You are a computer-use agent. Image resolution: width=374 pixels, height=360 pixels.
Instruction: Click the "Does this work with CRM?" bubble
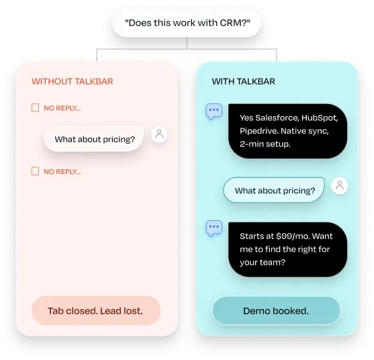point(187,23)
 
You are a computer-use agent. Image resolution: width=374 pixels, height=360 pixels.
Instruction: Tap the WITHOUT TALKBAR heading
point(73,81)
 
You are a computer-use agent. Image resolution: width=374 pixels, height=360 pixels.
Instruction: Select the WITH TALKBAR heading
point(243,81)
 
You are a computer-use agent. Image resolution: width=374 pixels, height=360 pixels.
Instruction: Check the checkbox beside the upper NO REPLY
point(36,107)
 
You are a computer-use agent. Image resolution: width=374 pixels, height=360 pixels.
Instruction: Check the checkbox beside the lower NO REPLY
point(36,171)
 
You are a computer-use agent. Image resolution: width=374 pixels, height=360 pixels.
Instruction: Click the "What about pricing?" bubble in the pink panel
point(94,139)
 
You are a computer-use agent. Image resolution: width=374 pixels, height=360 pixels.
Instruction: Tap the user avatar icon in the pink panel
point(159,134)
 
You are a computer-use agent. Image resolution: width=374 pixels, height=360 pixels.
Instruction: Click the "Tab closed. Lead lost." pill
point(96,310)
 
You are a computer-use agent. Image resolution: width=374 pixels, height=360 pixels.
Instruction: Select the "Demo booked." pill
point(277,310)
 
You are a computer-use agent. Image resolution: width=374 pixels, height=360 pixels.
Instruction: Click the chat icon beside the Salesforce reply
point(214,111)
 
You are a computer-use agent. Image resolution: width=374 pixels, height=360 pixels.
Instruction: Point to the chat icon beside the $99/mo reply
point(214,228)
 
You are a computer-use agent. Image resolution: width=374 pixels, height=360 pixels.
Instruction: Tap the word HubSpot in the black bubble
point(320,118)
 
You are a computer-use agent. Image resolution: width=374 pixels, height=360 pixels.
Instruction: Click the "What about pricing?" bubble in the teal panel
point(274,190)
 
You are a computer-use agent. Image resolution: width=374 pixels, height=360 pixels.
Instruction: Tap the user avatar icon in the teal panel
point(339,185)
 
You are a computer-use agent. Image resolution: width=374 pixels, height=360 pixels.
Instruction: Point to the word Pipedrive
point(259,131)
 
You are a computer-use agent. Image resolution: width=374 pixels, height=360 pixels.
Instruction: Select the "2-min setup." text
point(265,144)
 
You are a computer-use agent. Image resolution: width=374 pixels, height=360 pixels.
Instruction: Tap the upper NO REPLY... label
point(62,108)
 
